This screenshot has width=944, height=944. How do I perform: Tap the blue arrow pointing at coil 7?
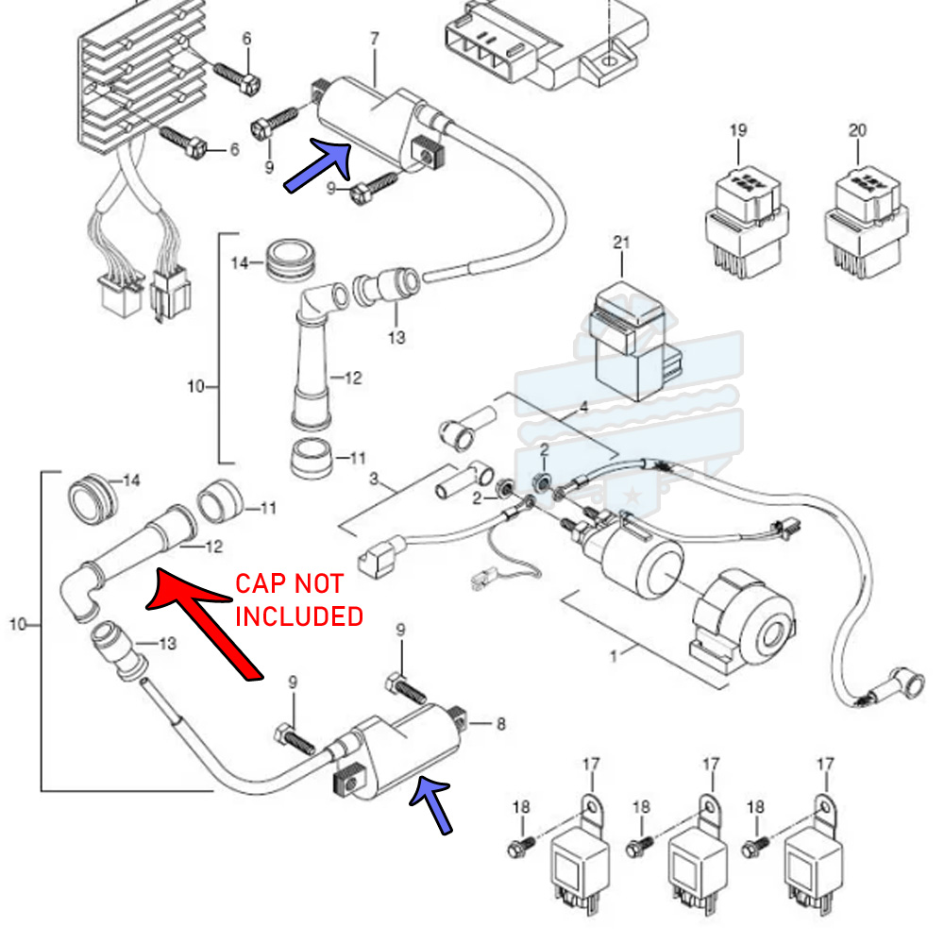pos(319,164)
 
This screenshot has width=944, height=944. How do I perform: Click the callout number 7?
pos(375,39)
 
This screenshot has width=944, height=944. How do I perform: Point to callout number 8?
pos(500,724)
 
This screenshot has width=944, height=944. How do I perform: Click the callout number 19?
pos(737,131)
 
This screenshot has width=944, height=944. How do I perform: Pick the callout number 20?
pos(857,131)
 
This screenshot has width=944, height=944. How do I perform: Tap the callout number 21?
pos(620,243)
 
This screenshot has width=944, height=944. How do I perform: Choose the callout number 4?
pos(582,408)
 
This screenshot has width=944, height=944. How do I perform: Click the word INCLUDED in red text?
pos(298,616)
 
